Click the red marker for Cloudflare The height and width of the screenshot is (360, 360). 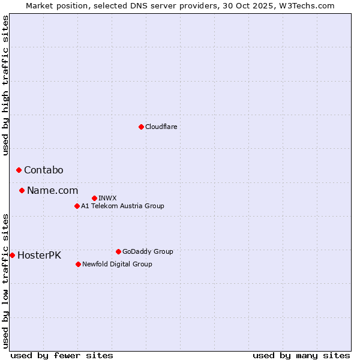pyautogui.click(x=141, y=127)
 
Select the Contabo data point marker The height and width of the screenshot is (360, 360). pyautogui.click(x=19, y=170)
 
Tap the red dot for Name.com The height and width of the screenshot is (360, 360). pyautogui.click(x=22, y=191)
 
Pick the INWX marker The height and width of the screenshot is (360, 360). pyautogui.click(x=94, y=198)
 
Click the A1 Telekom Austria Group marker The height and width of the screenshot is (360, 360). pyautogui.click(x=77, y=206)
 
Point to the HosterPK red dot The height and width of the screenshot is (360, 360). pyautogui.click(x=12, y=255)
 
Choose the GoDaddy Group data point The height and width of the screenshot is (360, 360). pyautogui.click(x=118, y=251)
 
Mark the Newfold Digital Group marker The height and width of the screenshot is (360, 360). pyautogui.click(x=78, y=264)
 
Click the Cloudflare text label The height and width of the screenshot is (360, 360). pyautogui.click(x=161, y=127)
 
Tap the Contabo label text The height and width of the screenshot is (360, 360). pyautogui.click(x=44, y=170)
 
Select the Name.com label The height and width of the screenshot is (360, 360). pyautogui.click(x=52, y=191)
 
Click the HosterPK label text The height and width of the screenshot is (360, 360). pyautogui.click(x=39, y=255)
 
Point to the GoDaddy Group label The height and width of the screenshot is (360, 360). pyautogui.click(x=148, y=251)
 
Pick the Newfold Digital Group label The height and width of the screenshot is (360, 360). pyautogui.click(x=117, y=264)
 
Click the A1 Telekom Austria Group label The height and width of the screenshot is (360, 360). pyautogui.click(x=122, y=206)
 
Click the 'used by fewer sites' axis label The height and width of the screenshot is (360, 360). pyautogui.click(x=62, y=355)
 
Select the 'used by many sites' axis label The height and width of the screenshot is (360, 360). pyautogui.click(x=301, y=355)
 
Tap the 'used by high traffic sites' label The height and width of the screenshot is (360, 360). pyautogui.click(x=6, y=85)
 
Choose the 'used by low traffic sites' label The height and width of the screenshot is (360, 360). pyautogui.click(x=6, y=281)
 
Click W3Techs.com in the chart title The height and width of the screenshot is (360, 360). pyautogui.click(x=306, y=5)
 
